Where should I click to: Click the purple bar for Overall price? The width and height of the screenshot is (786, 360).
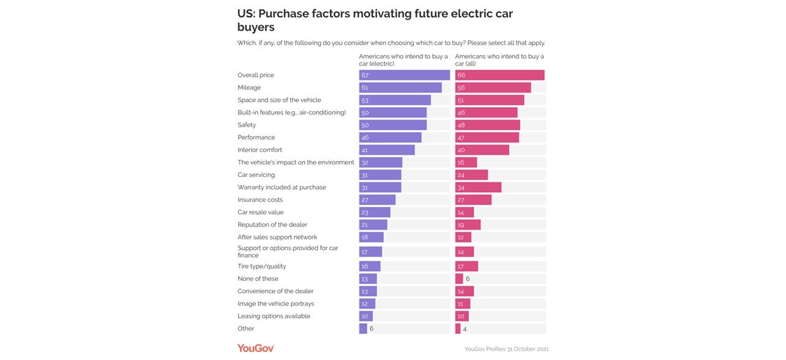(404, 75)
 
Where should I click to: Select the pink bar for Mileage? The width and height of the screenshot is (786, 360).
(493, 88)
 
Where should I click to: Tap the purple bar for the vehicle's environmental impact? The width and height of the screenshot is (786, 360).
(380, 162)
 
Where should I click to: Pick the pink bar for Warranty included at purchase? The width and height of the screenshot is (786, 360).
(478, 187)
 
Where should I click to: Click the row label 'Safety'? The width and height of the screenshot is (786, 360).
(247, 125)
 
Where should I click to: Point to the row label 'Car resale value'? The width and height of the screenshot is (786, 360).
(260, 212)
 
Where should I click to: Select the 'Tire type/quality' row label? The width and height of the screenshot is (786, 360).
(261, 266)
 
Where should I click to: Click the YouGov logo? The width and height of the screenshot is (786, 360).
(255, 348)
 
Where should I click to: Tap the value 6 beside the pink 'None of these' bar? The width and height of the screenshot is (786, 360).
(468, 279)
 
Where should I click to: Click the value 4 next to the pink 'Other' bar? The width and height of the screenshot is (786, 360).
(465, 329)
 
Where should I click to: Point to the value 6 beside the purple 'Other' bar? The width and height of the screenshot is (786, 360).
(372, 329)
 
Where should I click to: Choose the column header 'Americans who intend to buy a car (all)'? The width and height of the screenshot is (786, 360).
(500, 59)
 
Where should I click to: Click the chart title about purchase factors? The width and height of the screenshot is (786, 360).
(375, 20)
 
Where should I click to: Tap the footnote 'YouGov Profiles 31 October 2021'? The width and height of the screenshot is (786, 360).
(506, 349)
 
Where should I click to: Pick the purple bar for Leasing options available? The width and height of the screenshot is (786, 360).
(365, 317)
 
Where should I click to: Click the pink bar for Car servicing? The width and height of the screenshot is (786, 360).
(471, 175)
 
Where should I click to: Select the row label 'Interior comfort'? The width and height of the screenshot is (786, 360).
(260, 150)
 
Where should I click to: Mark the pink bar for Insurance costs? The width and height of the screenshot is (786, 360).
(473, 200)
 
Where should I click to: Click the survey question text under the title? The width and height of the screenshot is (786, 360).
(391, 43)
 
